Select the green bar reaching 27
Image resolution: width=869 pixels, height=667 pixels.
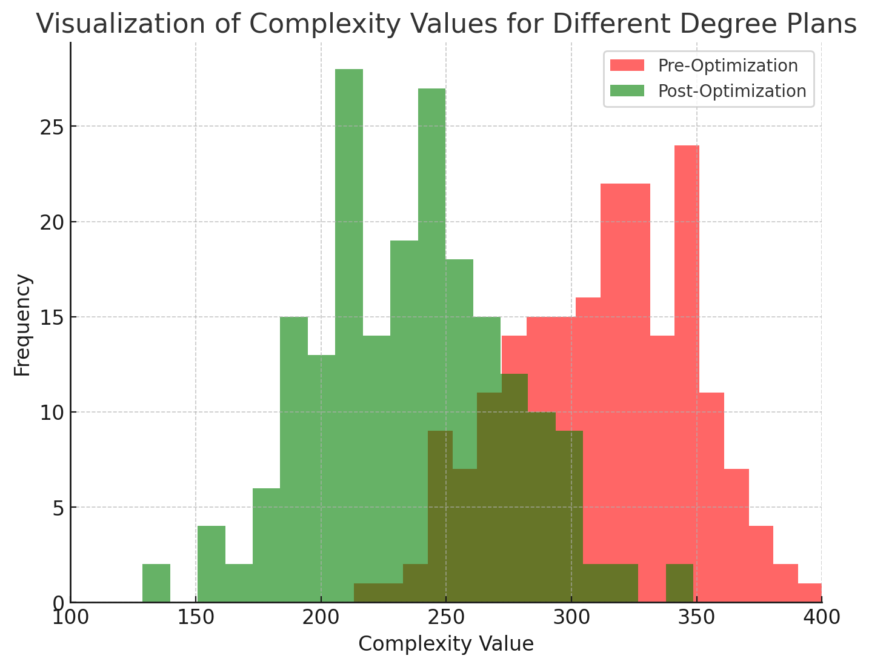coord(431,242)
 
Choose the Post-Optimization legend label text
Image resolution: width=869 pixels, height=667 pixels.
coord(732,91)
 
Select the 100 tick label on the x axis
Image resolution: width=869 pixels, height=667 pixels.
coord(71,618)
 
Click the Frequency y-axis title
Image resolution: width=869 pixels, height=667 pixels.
coord(22,325)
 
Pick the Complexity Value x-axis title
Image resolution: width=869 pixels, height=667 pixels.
coord(446,644)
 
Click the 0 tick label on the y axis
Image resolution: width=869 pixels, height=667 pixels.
coord(58,603)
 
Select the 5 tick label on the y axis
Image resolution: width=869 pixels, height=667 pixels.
coord(58,508)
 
